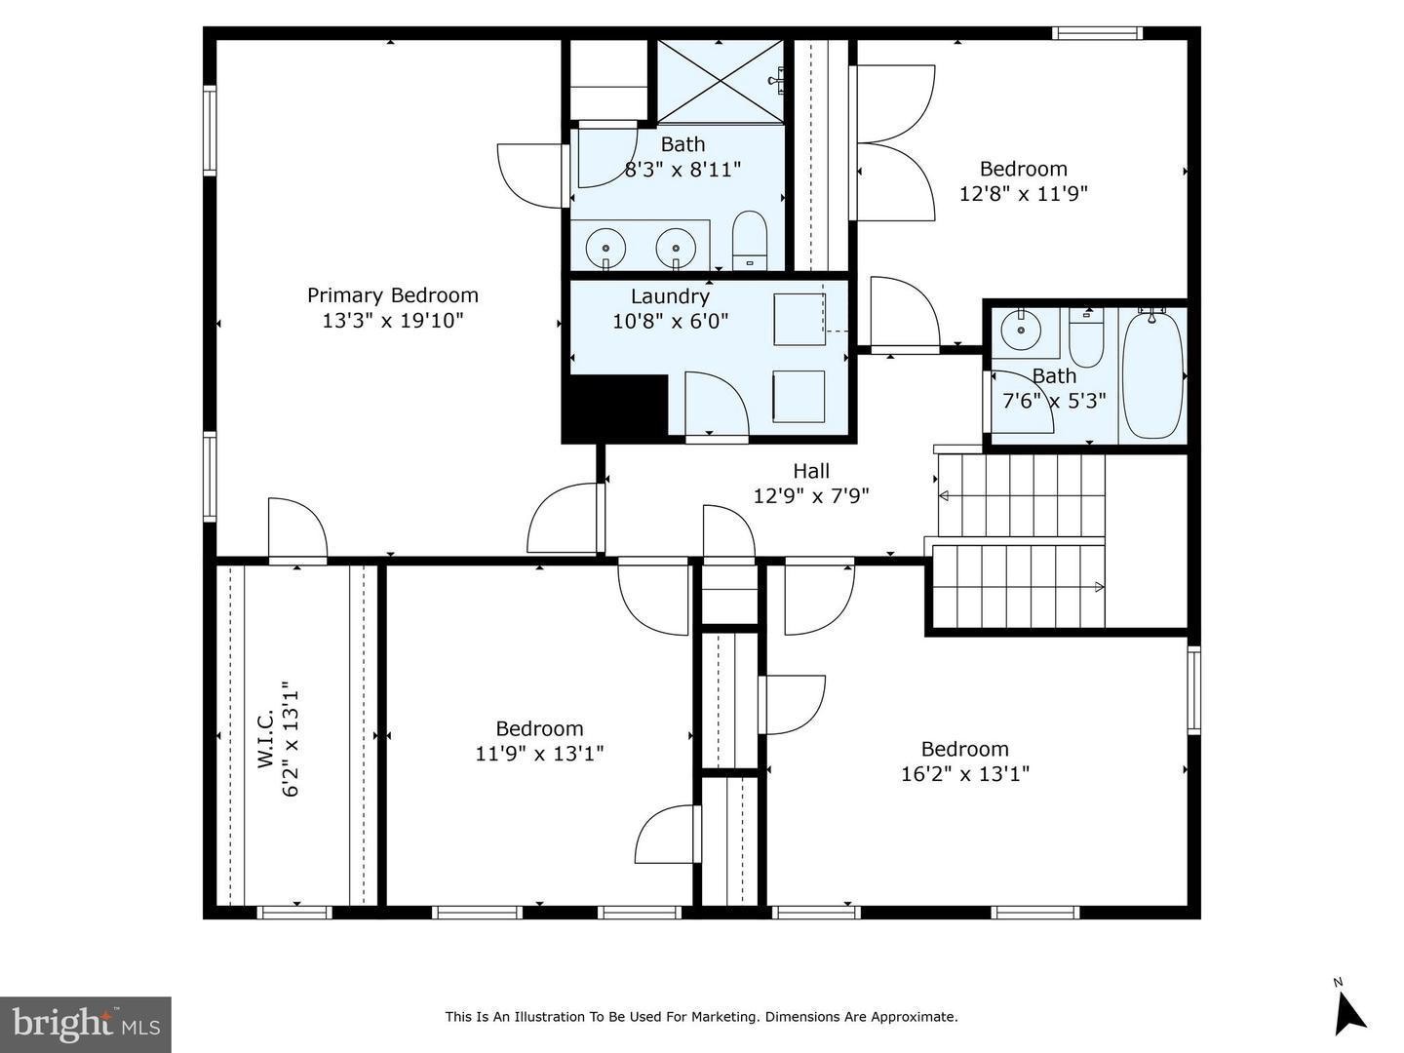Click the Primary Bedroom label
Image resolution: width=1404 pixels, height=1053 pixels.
pyautogui.click(x=393, y=295)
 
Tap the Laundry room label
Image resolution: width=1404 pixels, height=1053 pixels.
pyautogui.click(x=671, y=296)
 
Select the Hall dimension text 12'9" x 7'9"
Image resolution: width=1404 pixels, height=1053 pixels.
pyautogui.click(x=811, y=495)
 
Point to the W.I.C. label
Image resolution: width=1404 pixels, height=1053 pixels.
pyautogui.click(x=266, y=738)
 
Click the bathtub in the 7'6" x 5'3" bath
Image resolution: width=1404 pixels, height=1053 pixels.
pyautogui.click(x=1152, y=376)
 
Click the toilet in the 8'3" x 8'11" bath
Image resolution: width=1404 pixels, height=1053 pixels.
pyautogui.click(x=750, y=241)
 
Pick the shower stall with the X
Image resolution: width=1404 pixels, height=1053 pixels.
pyautogui.click(x=721, y=82)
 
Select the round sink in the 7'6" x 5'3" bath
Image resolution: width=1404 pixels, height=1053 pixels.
pyautogui.click(x=1021, y=330)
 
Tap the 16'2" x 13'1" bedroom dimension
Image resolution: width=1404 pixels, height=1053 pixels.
pyautogui.click(x=965, y=774)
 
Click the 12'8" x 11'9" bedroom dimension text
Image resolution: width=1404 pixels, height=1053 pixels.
pyautogui.click(x=1024, y=193)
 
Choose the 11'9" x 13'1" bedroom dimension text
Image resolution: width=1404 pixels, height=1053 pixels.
pyautogui.click(x=539, y=754)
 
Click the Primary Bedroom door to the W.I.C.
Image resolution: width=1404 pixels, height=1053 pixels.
pyautogui.click(x=297, y=530)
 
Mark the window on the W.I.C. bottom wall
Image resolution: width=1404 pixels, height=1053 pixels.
pyautogui.click(x=294, y=913)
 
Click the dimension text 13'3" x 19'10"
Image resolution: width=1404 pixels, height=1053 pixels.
pyautogui.click(x=392, y=321)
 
